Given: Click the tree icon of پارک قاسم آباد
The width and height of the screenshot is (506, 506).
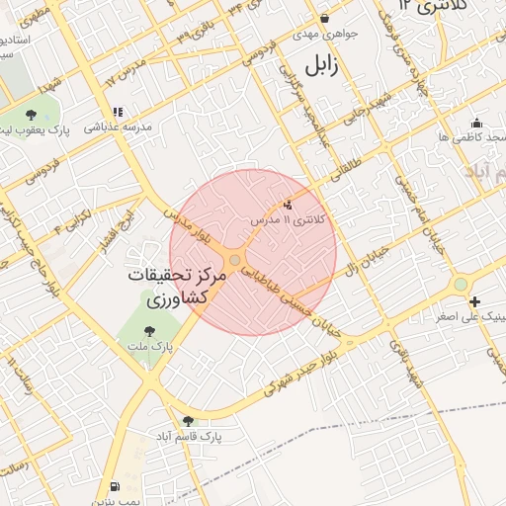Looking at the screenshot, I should (x=188, y=421).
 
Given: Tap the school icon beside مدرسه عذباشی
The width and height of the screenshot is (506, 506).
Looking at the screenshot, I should (x=119, y=113).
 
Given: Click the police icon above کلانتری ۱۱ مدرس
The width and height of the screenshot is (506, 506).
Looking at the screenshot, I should (x=288, y=205).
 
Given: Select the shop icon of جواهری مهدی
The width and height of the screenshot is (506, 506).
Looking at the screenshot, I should (x=324, y=18).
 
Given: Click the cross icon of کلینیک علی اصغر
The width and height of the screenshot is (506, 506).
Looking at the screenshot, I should (x=475, y=301).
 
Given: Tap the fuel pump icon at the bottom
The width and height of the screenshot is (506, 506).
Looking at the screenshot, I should (x=116, y=486).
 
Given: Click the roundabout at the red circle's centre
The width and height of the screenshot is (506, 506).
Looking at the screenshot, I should (x=235, y=260).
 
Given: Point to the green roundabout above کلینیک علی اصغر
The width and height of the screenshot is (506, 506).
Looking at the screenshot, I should (x=460, y=285).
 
